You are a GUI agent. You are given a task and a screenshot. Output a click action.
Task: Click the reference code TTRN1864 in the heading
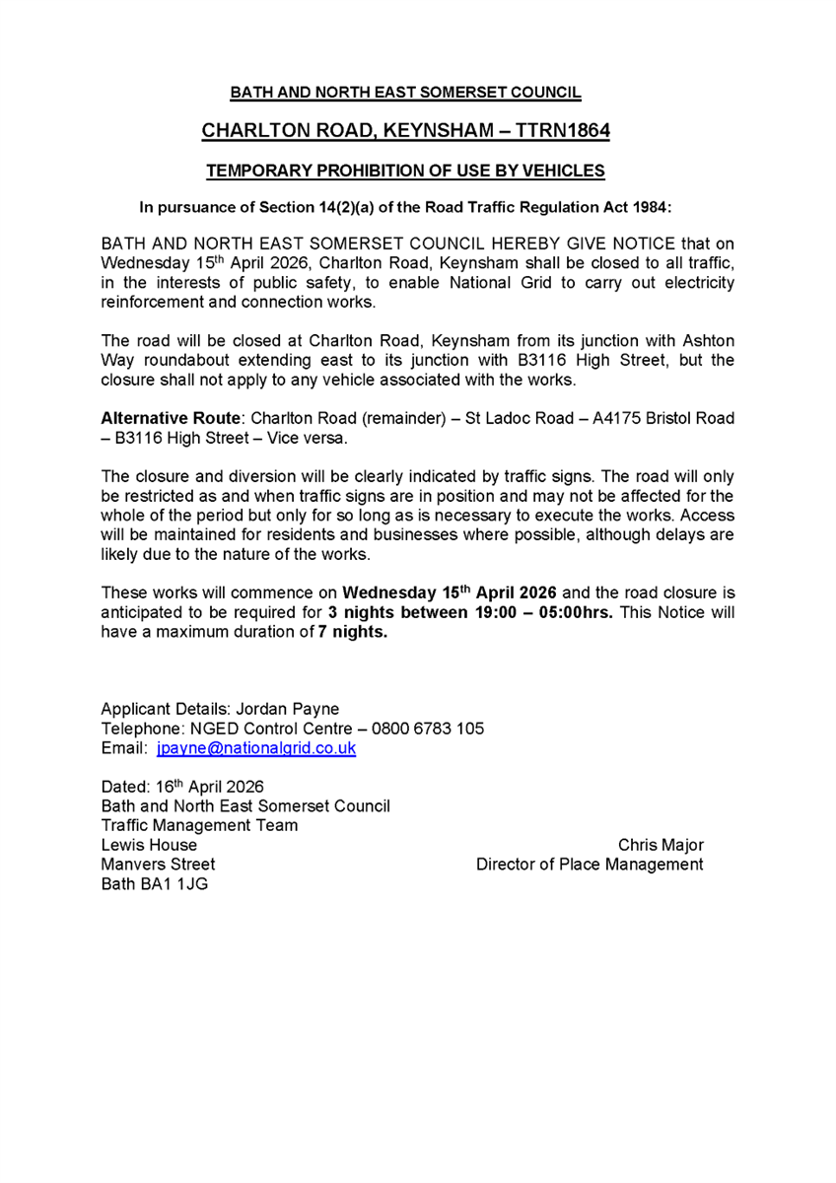click(x=563, y=131)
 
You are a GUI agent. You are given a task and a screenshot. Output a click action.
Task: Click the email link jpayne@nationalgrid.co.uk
click(x=256, y=748)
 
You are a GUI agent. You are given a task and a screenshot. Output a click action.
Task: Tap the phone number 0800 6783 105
click(x=434, y=729)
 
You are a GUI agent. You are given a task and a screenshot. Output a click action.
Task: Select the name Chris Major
click(x=661, y=845)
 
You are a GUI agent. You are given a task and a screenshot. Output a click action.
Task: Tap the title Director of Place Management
click(x=590, y=865)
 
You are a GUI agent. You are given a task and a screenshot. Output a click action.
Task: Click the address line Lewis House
click(x=149, y=845)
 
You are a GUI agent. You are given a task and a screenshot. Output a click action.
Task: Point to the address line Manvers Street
click(x=158, y=865)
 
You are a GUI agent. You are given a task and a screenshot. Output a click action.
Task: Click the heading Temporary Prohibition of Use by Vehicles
click(x=405, y=171)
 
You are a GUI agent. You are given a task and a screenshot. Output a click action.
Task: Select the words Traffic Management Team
click(x=199, y=825)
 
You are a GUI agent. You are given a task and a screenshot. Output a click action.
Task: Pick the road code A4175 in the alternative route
click(x=617, y=418)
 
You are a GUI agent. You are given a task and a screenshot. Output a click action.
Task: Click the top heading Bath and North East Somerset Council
click(x=405, y=94)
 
